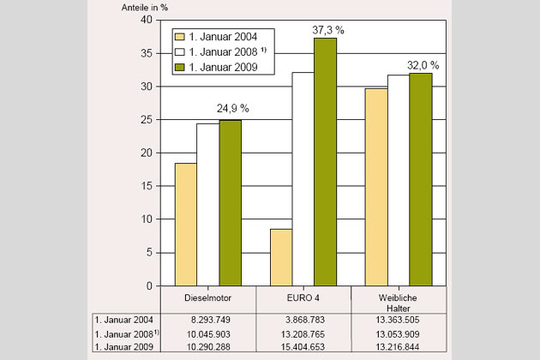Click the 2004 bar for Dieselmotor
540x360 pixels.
coord(185,224)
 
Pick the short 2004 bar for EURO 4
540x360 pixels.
coord(280,256)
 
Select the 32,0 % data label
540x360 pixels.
coord(421,64)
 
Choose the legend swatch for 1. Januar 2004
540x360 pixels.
coord(179,37)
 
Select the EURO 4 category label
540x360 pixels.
coord(303,298)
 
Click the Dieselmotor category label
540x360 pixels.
coord(208,298)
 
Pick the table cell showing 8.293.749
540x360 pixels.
coord(208,318)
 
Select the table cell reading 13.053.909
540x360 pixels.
coord(398,333)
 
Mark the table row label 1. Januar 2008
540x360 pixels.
coord(127,333)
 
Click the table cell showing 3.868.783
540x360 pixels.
coord(303,318)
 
